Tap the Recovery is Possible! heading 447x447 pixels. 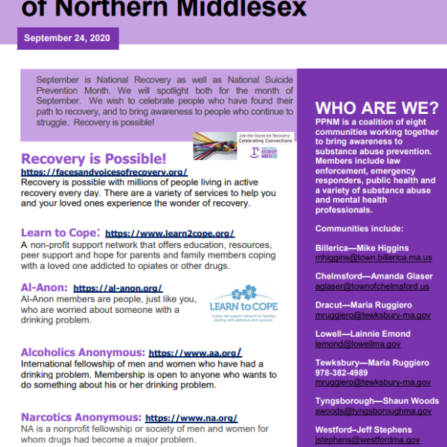[94, 159]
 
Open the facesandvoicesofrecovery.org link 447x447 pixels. [104, 172]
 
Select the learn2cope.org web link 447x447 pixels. [170, 233]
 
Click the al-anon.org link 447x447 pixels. [118, 288]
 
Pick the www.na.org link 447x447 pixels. [191, 418]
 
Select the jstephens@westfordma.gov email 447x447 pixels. [364, 440]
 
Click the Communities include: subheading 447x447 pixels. [359, 228]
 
